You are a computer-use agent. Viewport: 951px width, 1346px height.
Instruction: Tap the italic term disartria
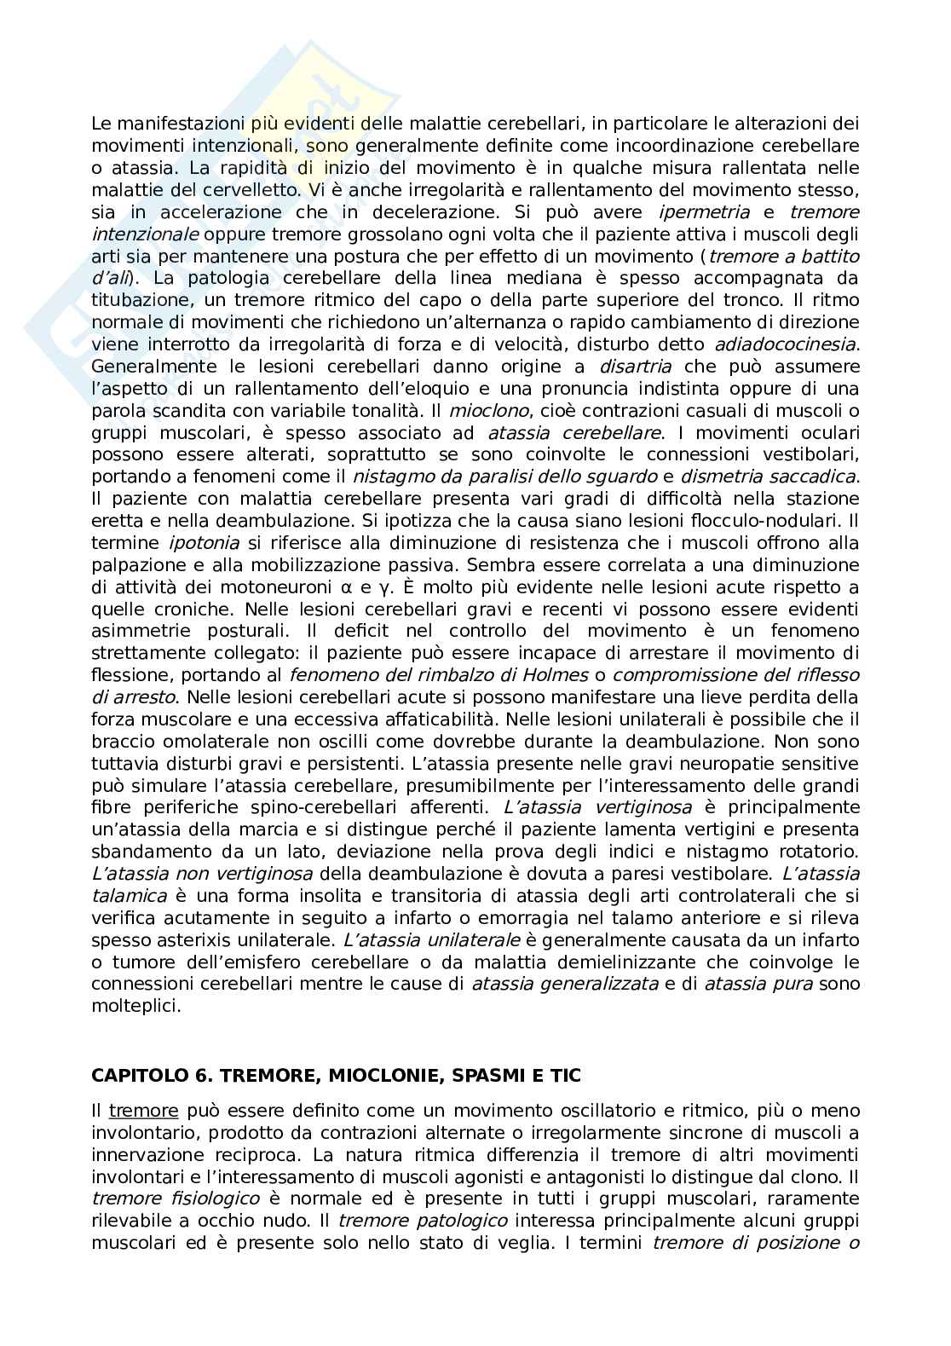tap(635, 367)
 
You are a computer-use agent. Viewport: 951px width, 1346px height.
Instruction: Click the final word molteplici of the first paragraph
tap(124, 1006)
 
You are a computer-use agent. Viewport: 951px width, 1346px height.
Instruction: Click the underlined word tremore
tap(143, 1111)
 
